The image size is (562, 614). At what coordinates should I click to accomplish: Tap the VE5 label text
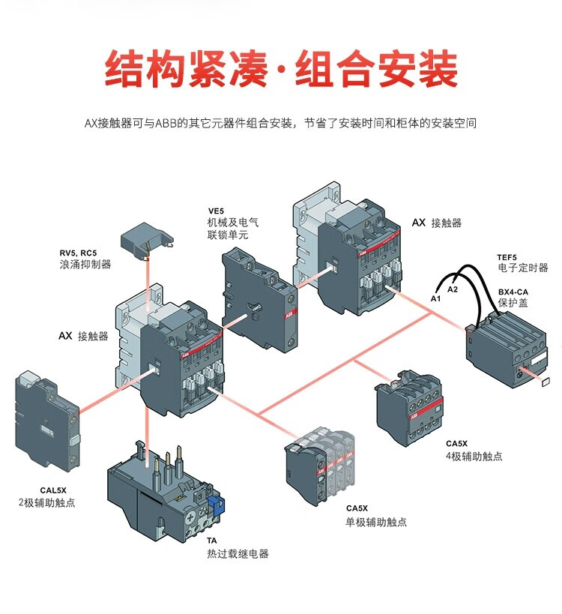tap(216, 211)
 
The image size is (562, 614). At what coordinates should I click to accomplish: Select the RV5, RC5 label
tap(79, 252)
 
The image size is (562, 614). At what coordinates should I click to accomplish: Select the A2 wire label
tap(453, 289)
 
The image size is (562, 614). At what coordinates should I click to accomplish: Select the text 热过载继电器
tap(238, 554)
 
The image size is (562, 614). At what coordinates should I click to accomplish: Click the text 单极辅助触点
tap(375, 522)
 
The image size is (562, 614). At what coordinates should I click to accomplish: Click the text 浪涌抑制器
tap(85, 265)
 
